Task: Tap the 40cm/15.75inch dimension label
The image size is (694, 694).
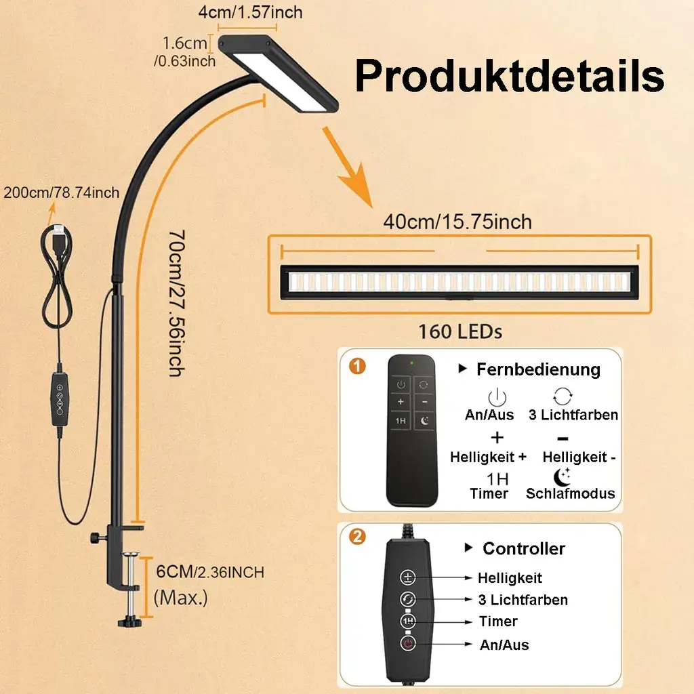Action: tap(457, 222)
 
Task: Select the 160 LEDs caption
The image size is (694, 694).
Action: tap(460, 332)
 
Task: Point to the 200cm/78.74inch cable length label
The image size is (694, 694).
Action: tap(61, 192)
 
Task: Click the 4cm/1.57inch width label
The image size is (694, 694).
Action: tap(250, 12)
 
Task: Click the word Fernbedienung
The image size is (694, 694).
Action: tap(538, 369)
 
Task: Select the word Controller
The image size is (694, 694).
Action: tap(523, 548)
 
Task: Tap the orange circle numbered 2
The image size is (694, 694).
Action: tap(358, 537)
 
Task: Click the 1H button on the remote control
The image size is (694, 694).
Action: tap(401, 421)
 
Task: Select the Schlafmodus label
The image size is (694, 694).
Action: tap(571, 493)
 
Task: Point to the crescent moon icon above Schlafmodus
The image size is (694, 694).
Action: tap(562, 476)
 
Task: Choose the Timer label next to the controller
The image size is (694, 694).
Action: tap(498, 621)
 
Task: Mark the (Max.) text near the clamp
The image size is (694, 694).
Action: tap(181, 598)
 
